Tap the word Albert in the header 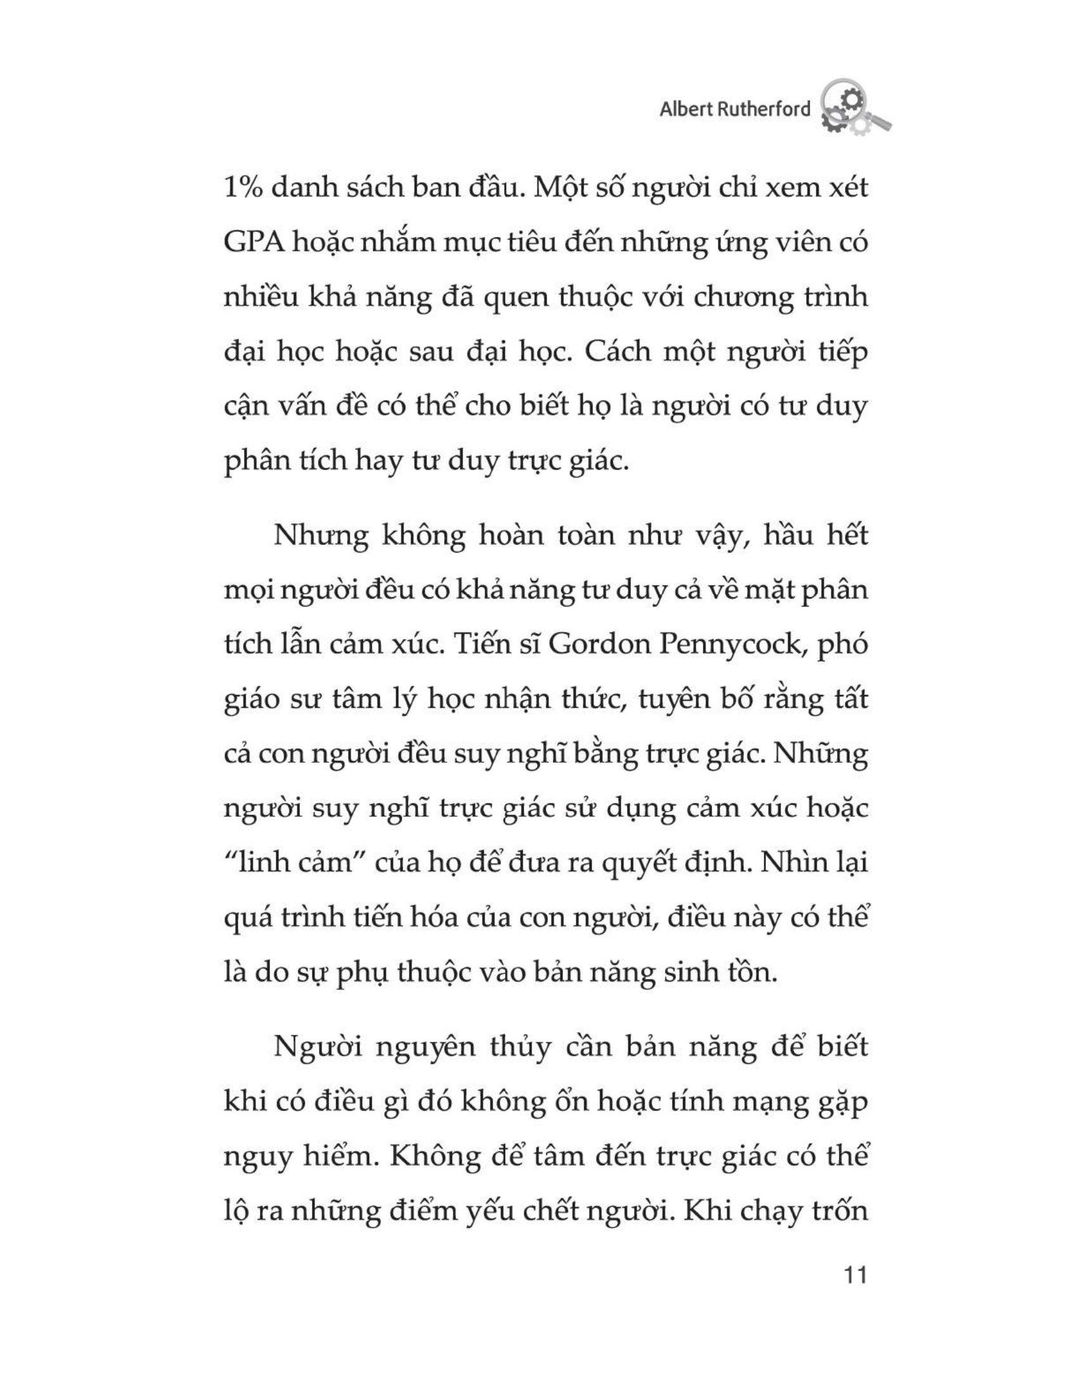[x=685, y=109]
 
